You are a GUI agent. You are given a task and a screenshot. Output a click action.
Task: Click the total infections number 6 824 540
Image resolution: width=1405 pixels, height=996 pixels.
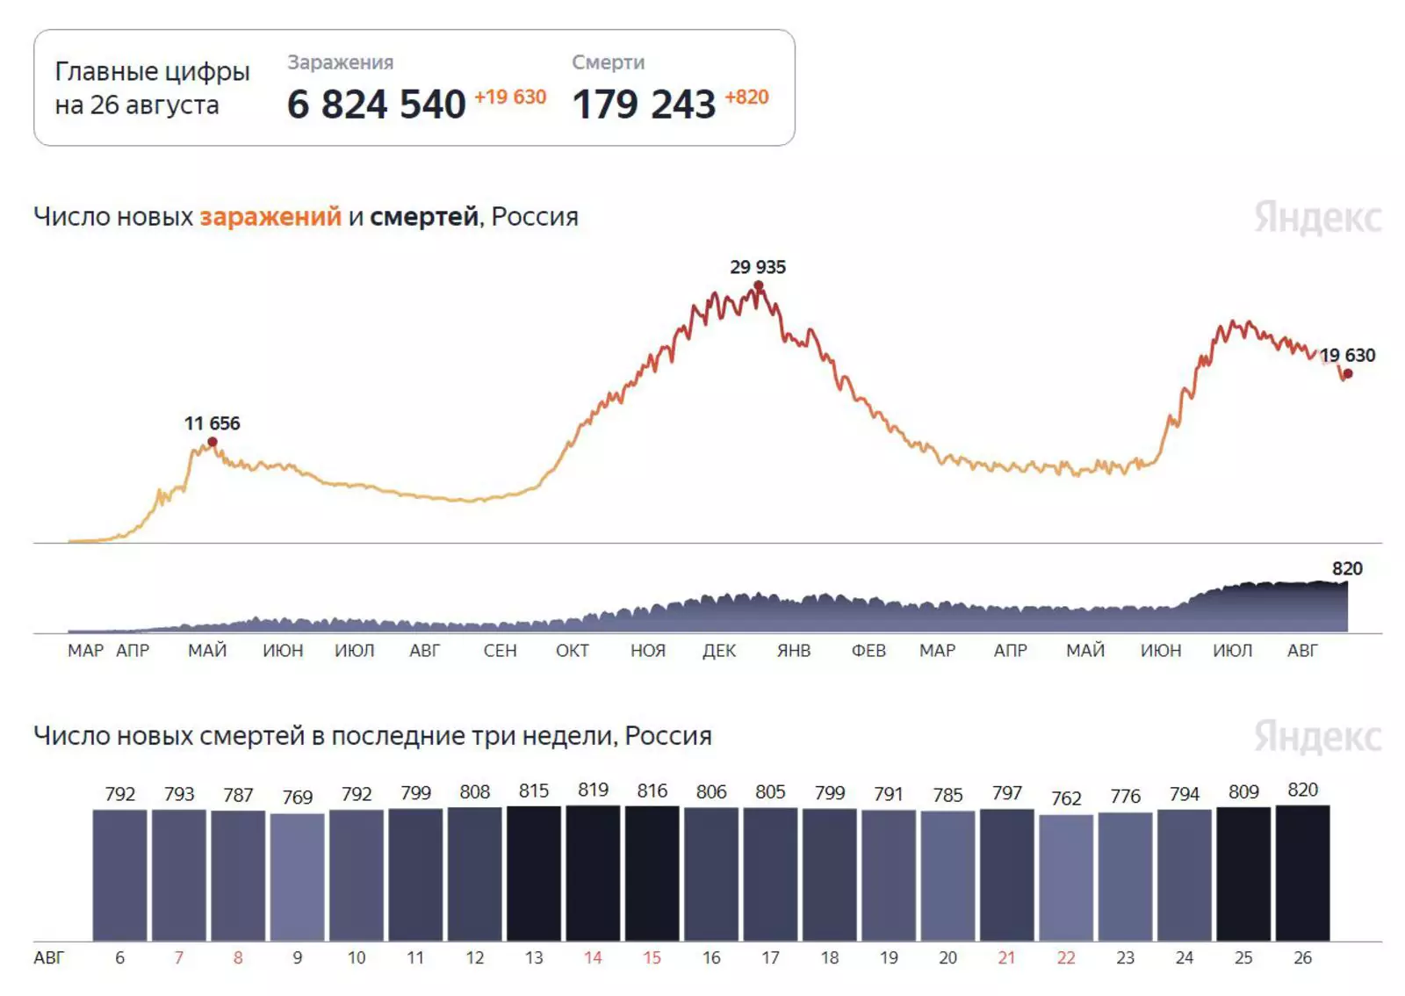tap(376, 105)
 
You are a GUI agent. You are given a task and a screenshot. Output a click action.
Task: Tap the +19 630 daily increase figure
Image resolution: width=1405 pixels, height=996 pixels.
tap(510, 97)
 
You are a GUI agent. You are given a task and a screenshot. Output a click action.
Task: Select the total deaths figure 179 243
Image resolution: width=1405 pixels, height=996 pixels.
tap(644, 105)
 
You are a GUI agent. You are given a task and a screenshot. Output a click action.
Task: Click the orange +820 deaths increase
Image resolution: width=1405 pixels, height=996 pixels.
tap(746, 97)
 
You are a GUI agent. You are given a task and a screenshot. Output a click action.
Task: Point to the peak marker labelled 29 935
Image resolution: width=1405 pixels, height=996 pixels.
tap(759, 285)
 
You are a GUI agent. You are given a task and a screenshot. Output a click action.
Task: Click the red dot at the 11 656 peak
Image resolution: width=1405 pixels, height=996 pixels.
tap(213, 442)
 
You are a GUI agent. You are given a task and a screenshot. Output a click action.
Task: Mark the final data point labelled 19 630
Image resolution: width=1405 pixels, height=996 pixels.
tap(1348, 374)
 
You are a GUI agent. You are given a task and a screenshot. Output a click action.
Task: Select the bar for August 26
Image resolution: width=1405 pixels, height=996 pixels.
tap(1302, 873)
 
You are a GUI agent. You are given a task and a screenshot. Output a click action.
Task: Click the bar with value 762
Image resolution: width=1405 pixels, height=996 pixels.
tap(1066, 877)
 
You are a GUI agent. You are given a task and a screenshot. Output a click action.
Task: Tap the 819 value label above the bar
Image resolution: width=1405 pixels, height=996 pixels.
tap(593, 790)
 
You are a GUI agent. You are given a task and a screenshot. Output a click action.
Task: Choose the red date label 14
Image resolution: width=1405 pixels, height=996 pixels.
tap(593, 957)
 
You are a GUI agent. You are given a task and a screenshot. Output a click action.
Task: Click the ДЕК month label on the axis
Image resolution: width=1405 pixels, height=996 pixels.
tap(719, 651)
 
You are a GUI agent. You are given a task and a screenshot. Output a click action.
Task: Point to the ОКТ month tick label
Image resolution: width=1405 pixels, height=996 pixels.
tap(573, 651)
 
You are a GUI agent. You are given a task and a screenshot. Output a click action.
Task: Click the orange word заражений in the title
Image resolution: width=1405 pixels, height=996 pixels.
tap(270, 216)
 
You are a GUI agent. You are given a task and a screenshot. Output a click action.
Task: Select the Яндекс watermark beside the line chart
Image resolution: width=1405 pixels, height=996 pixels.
tap(1317, 218)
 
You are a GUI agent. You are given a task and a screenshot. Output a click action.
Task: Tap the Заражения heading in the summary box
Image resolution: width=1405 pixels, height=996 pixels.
tap(340, 62)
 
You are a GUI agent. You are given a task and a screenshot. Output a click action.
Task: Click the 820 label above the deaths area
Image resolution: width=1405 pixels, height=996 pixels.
tap(1347, 568)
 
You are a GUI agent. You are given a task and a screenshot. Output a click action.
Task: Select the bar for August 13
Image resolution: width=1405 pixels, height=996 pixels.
tap(534, 873)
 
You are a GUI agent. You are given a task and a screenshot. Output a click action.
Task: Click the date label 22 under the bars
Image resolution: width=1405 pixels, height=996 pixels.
tap(1066, 957)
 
